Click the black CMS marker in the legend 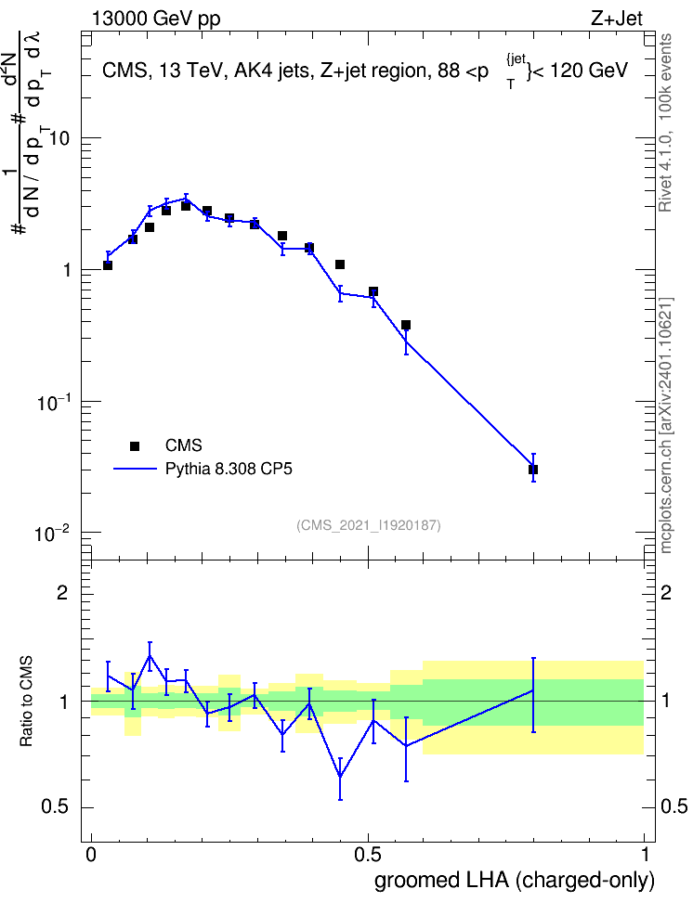(x=135, y=445)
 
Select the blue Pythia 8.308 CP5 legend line (x=135, y=469)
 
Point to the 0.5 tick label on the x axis (x=368, y=855)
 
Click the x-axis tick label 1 (x=645, y=855)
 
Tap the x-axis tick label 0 (x=91, y=855)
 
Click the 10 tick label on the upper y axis (x=59, y=138)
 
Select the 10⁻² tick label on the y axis (x=52, y=534)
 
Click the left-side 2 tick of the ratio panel (x=62, y=592)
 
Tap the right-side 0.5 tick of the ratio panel (x=673, y=806)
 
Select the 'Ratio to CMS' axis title (x=27, y=702)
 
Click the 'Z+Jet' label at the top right (x=617, y=19)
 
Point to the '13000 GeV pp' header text (x=156, y=19)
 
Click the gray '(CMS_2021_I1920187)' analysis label (x=369, y=525)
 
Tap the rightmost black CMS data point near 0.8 (x=533, y=470)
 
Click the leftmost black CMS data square (x=108, y=265)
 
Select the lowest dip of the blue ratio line (x=340, y=777)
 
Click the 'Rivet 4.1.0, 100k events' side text (x=665, y=122)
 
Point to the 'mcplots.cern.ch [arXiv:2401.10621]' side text (x=666, y=426)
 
